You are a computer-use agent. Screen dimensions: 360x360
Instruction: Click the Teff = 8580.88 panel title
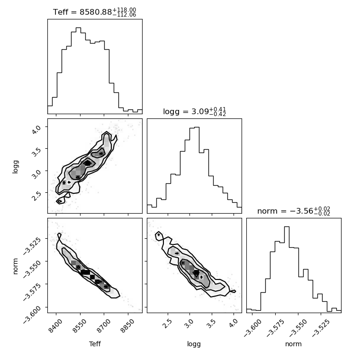pos(95,12)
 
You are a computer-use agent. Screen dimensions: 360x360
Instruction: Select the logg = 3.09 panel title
pos(195,112)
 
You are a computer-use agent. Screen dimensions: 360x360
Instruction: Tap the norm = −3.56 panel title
pos(294,211)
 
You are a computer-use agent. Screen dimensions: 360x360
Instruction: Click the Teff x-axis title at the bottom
pos(95,344)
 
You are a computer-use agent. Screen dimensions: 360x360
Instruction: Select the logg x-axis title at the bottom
pos(194,344)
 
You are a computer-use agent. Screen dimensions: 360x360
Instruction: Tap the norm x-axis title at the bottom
pos(293,344)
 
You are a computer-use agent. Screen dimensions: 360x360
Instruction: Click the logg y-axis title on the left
pos(15,167)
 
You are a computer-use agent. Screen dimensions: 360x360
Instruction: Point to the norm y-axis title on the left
pos(15,266)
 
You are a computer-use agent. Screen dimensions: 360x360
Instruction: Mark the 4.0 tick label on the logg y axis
pos(36,129)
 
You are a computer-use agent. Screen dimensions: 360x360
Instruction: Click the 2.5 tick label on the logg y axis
pos(36,196)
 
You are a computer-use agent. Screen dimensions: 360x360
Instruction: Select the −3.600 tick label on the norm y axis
pos(32,315)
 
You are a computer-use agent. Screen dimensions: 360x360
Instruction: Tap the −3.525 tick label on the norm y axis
pos(32,245)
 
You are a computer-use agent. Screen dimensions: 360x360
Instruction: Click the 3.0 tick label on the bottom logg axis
pos(189,324)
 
